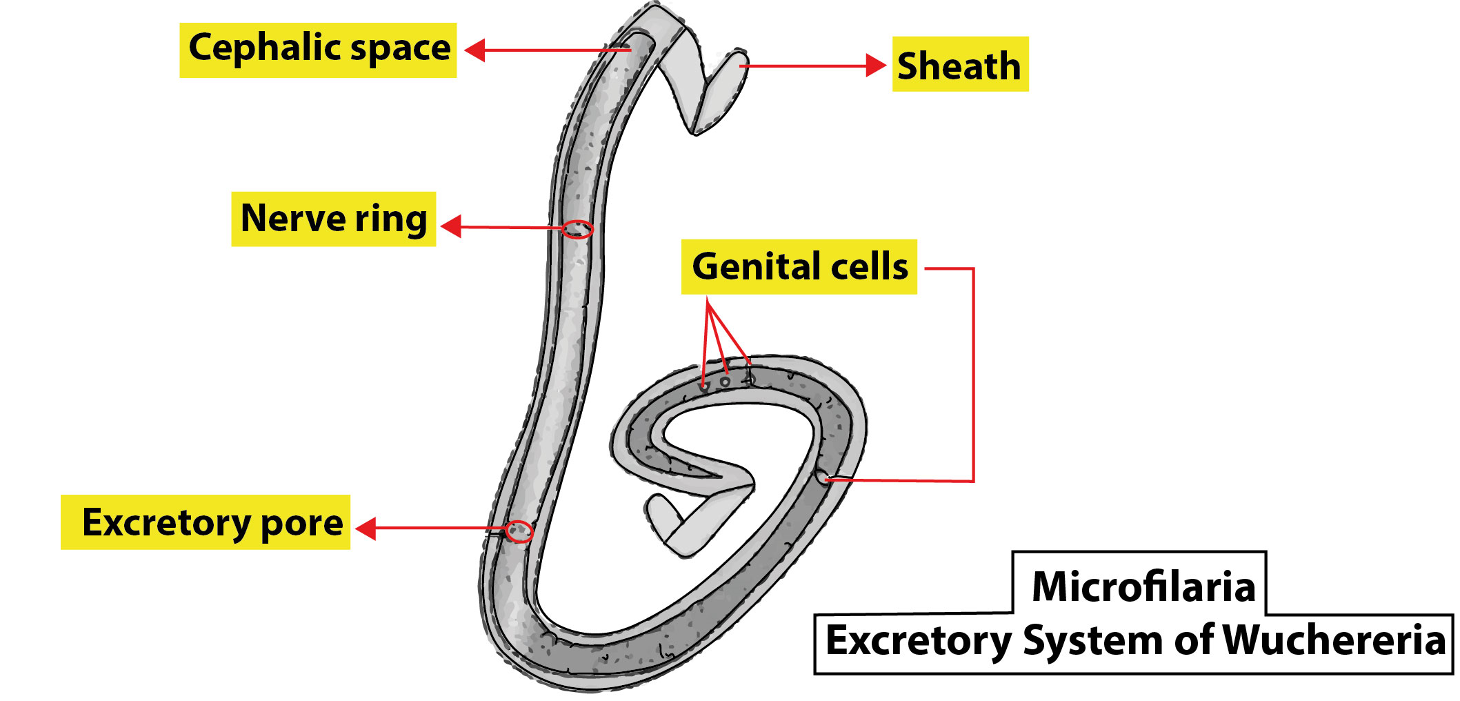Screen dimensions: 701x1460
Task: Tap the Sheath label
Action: pos(959,66)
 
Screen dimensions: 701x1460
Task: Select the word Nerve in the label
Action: pos(292,219)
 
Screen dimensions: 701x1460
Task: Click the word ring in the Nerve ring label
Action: pos(391,220)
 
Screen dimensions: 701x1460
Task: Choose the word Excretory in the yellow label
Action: pos(166,522)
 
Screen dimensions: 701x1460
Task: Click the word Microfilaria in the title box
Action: pos(1143,587)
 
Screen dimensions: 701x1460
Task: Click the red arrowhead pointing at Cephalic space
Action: pos(475,50)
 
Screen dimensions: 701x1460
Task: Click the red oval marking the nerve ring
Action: pos(577,229)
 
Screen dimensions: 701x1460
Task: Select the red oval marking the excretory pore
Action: pos(519,532)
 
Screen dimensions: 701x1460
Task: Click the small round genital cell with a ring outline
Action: pos(725,382)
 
